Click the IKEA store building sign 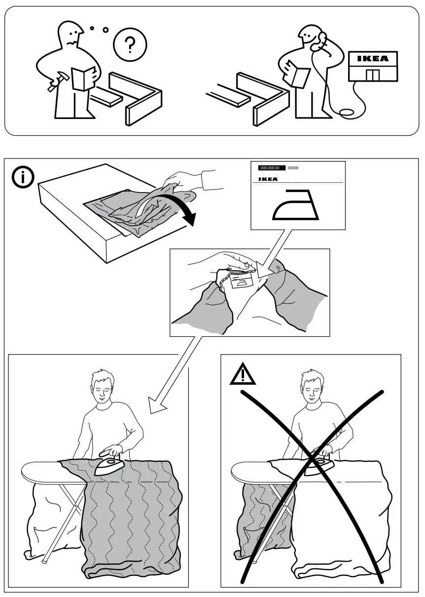[373, 59]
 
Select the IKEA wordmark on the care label [268, 179]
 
